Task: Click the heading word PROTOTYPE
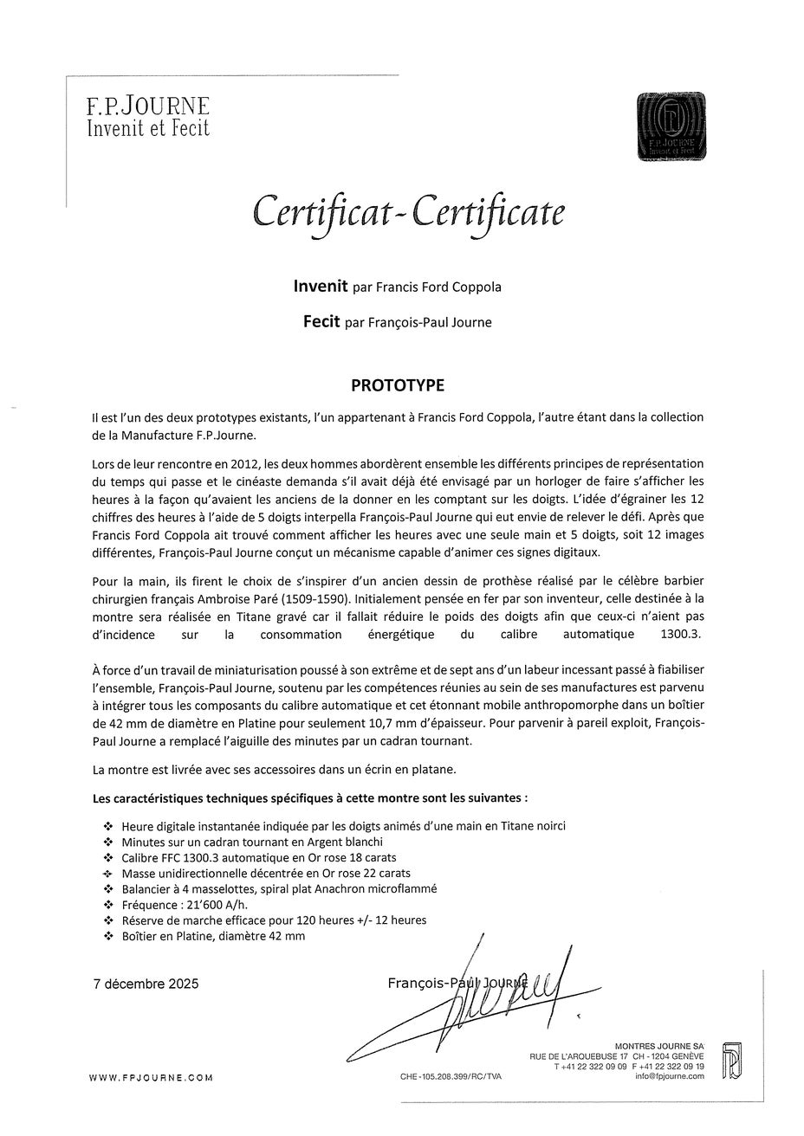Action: pos(397,384)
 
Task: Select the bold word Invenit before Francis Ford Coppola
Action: pos(321,286)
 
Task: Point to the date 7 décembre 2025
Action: pos(146,984)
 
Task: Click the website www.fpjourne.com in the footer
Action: pos(151,1077)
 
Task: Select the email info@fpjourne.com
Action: pos(669,1076)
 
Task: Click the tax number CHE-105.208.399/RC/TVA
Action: pos(451,1076)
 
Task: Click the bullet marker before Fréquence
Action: pos(107,905)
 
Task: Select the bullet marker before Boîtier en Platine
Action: pos(107,937)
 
